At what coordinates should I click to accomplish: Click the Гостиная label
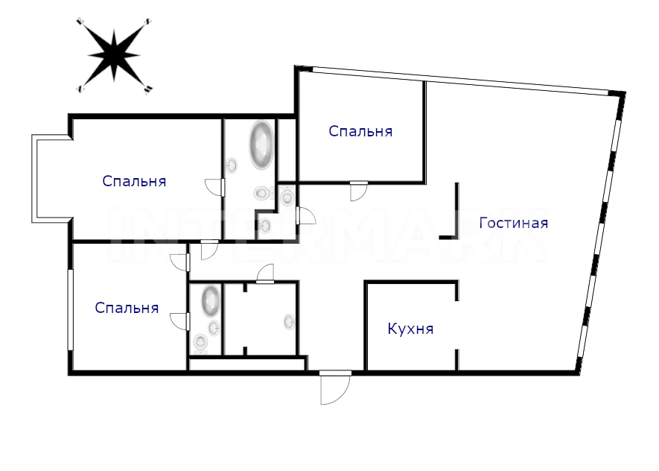514,223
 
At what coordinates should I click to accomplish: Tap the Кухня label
410,329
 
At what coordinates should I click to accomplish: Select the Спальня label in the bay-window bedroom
134,181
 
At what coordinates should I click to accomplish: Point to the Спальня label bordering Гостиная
360,131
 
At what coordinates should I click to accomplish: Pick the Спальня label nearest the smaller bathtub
127,308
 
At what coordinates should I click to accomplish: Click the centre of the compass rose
114,55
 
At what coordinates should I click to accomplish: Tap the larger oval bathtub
261,145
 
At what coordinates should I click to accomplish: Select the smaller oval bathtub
211,301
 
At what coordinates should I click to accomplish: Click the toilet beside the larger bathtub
261,193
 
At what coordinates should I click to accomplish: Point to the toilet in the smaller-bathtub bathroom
201,342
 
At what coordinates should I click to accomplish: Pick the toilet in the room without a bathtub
287,197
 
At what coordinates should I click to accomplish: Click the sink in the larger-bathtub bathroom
231,165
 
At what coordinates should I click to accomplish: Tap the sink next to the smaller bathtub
214,328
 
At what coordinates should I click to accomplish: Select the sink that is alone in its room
290,322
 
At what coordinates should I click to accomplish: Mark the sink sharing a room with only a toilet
265,227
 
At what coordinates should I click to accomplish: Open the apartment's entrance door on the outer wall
335,388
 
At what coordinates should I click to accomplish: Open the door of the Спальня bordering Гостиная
358,192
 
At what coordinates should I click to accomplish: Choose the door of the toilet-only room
305,215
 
